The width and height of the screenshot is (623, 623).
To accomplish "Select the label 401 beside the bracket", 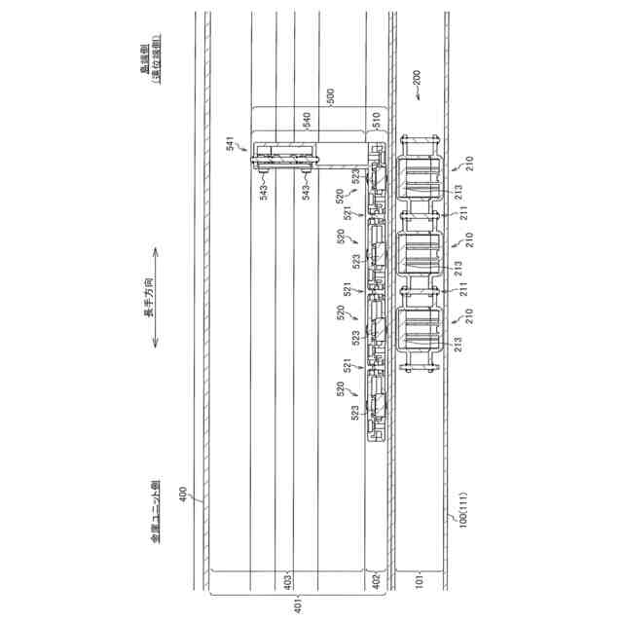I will (299, 604).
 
